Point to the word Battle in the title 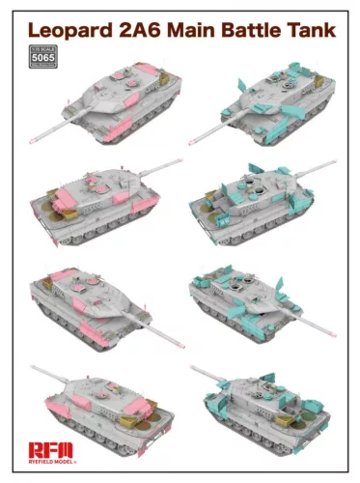259,31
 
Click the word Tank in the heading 316,31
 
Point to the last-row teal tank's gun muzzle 193,367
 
